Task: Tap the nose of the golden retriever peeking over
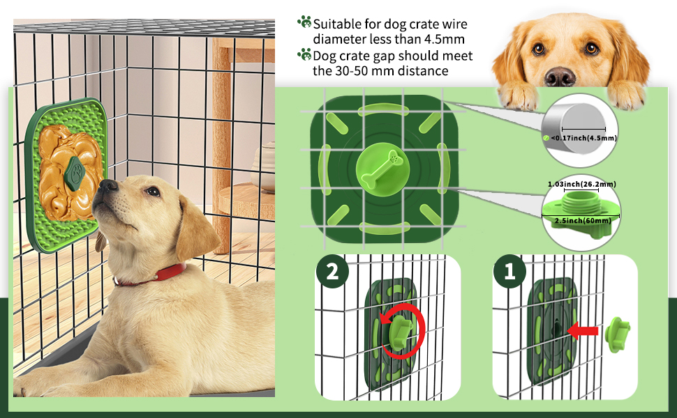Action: (x=560, y=76)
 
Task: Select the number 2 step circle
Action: (x=332, y=271)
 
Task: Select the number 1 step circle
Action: (x=509, y=271)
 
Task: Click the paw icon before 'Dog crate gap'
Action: (x=304, y=54)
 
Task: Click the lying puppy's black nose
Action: (x=107, y=185)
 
